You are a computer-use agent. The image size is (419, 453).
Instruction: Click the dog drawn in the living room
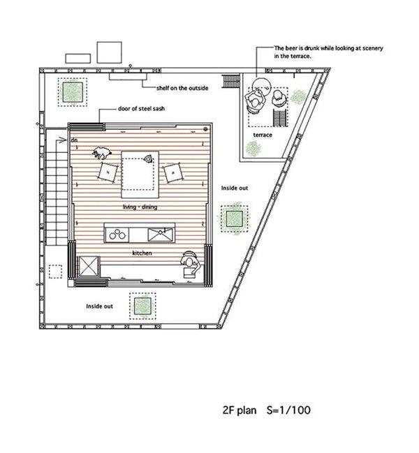pyautogui.click(x=102, y=153)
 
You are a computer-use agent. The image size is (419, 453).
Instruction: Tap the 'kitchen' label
pyautogui.click(x=142, y=253)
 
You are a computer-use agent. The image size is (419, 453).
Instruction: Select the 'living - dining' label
pyautogui.click(x=140, y=207)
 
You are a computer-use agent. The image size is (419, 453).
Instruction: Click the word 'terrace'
pyautogui.click(x=263, y=135)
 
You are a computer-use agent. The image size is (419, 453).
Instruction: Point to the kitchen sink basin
pyautogui.click(x=161, y=235)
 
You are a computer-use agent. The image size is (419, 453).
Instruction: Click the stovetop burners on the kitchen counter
pyautogui.click(x=117, y=235)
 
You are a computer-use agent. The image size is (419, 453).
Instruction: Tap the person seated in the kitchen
pyautogui.click(x=190, y=264)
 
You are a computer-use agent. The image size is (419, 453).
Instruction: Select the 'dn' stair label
pyautogui.click(x=74, y=140)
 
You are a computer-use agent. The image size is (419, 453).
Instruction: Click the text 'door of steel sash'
pyautogui.click(x=141, y=109)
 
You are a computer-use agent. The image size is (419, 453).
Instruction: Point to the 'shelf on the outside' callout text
pyautogui.click(x=182, y=88)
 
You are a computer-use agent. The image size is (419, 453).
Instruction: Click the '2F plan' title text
pyautogui.click(x=240, y=410)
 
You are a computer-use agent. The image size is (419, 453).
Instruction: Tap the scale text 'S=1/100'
pyautogui.click(x=288, y=410)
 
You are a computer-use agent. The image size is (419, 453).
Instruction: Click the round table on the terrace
pyautogui.click(x=261, y=86)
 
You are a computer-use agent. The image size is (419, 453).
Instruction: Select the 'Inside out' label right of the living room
pyautogui.click(x=235, y=188)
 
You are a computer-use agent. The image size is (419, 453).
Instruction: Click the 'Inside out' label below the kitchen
pyautogui.click(x=99, y=306)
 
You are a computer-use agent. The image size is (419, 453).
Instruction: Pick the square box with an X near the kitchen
pyautogui.click(x=89, y=266)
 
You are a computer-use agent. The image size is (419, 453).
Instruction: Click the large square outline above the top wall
pyautogui.click(x=109, y=52)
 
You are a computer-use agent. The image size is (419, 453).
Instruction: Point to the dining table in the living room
pyautogui.click(x=140, y=174)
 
